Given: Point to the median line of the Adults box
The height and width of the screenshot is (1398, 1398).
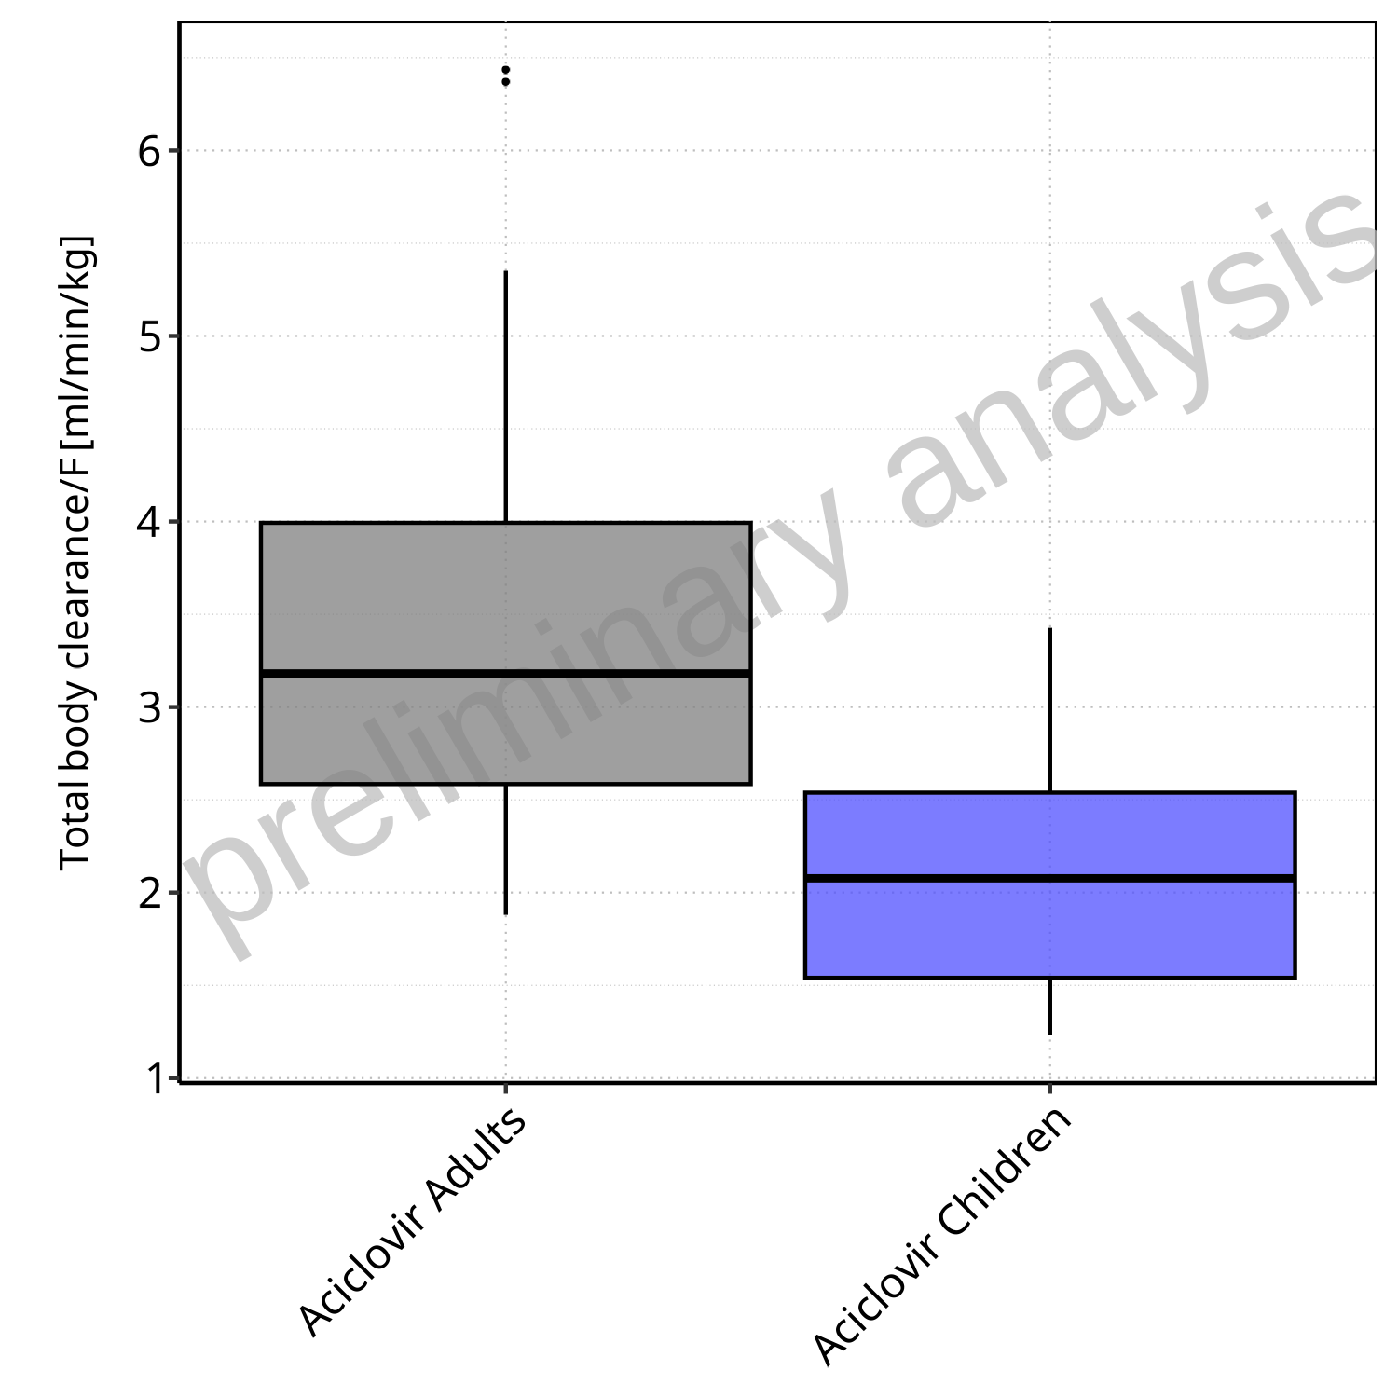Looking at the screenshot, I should [505, 672].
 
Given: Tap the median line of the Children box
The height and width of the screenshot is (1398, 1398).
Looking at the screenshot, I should [1049, 878].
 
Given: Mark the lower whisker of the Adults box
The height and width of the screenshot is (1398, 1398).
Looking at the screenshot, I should [505, 848].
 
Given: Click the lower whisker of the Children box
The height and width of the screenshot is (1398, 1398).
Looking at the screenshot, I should [1050, 1006].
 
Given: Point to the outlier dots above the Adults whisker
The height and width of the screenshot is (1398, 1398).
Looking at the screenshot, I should [505, 75].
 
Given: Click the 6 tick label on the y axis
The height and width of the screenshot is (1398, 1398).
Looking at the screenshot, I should [150, 151].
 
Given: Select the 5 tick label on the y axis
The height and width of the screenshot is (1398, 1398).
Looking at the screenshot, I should [150, 336].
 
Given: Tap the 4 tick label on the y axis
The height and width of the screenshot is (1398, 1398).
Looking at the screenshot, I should [150, 522].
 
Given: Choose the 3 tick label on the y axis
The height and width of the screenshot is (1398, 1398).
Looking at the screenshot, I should [150, 707].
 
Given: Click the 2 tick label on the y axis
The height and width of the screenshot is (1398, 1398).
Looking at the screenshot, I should [150, 893].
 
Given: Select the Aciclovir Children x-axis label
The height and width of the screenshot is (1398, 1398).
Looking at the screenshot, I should [941, 1235].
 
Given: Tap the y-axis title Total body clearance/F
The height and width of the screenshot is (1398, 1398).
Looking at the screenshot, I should [75, 554].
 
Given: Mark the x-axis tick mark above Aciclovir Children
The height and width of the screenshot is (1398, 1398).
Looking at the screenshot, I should [1050, 1088].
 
